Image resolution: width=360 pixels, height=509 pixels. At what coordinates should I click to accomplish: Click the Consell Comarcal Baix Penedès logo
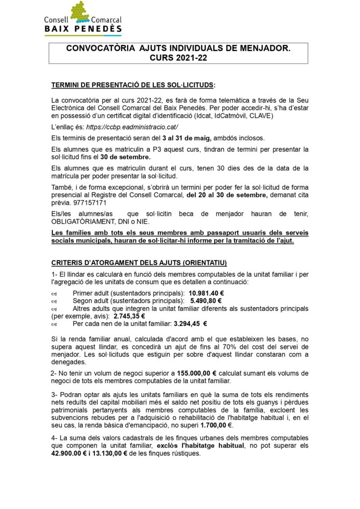(83, 18)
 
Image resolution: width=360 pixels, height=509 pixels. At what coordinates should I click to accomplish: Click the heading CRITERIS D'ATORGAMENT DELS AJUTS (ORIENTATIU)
(139, 262)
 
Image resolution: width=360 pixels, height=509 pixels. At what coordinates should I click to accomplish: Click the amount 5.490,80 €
(205, 301)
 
